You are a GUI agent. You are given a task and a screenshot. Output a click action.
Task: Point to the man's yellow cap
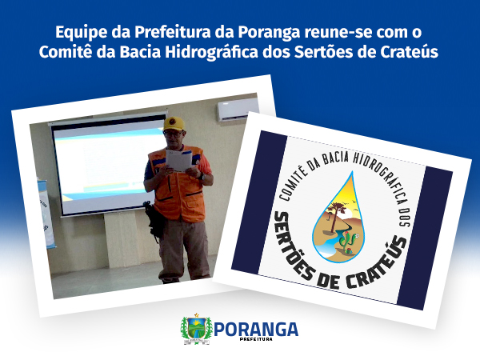pos(174,123)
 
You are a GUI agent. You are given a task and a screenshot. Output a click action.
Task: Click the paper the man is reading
pos(178,159)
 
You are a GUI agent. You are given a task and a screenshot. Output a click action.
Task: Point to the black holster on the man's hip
pos(154,219)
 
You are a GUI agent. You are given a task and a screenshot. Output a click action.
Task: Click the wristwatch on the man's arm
pos(202,177)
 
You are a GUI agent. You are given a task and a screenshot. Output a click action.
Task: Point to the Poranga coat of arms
pos(196,329)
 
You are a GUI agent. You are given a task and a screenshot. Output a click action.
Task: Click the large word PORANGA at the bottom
pos(256,330)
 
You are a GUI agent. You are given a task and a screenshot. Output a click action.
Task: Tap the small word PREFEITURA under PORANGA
pos(256,339)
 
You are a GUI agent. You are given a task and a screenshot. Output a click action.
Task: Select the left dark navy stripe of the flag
pos(260,203)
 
